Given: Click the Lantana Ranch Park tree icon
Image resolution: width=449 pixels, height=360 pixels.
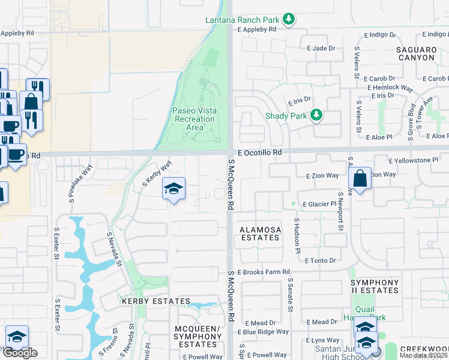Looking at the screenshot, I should (x=289, y=20).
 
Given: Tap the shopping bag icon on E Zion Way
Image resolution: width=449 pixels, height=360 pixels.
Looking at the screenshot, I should (x=360, y=178).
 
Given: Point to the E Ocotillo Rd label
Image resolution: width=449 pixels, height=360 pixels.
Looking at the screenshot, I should (x=259, y=153).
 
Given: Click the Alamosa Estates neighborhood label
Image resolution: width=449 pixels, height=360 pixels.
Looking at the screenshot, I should (x=259, y=233).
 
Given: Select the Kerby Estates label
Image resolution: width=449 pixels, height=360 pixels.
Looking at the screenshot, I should (x=155, y=301).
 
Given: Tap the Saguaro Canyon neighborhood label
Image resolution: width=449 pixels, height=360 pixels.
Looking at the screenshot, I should (x=415, y=53).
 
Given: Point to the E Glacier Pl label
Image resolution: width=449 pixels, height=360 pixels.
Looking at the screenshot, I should (x=319, y=205).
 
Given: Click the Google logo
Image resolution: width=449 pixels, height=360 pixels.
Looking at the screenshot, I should (x=20, y=352).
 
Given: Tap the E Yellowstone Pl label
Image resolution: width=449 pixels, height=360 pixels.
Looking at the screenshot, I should (x=414, y=161).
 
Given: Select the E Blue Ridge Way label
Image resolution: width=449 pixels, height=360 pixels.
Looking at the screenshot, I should (x=263, y=332).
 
